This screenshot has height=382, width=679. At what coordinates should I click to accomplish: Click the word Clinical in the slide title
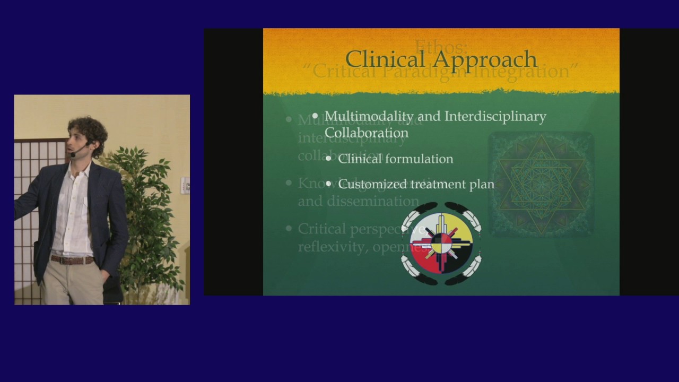point(385,59)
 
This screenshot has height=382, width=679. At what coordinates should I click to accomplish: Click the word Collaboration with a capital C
point(366,133)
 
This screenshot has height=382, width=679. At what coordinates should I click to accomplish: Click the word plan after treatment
point(482,185)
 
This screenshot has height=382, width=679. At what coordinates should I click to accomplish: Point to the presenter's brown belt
point(72,260)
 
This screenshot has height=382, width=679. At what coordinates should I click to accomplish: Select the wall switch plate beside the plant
point(185,185)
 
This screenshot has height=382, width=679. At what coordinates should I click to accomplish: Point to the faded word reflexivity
point(328,247)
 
